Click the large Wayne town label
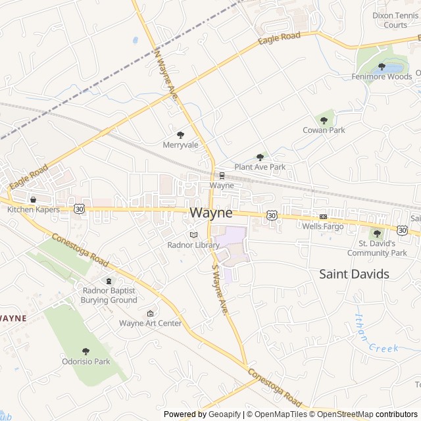211,213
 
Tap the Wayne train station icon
222,176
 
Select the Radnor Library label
193,245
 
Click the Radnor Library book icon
193,234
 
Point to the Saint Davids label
354,274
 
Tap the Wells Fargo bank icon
323,216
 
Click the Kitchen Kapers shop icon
33,199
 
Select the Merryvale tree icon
181,134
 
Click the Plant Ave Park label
260,167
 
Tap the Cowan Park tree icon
324,120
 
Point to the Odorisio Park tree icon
86,351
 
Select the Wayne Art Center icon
150,313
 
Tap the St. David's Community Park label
377,248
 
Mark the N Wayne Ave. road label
165,72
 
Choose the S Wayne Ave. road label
219,289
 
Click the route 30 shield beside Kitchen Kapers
80,209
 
